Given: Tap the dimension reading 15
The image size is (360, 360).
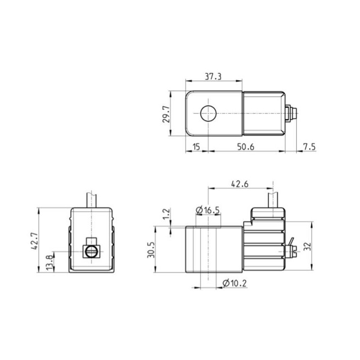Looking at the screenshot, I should tap(196, 147).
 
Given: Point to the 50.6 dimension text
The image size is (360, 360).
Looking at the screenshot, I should tap(246, 147).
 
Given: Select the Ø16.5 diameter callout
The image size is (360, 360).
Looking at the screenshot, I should tap(208, 210).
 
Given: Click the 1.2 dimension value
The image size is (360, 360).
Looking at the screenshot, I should tap(166, 215).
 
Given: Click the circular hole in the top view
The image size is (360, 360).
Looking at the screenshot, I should tap(208, 114).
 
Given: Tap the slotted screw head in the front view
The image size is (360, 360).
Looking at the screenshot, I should tap(92, 252).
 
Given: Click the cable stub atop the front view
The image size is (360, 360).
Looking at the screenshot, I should tap(92, 199).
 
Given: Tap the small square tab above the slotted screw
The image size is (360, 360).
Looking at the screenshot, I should tap(92, 240).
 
